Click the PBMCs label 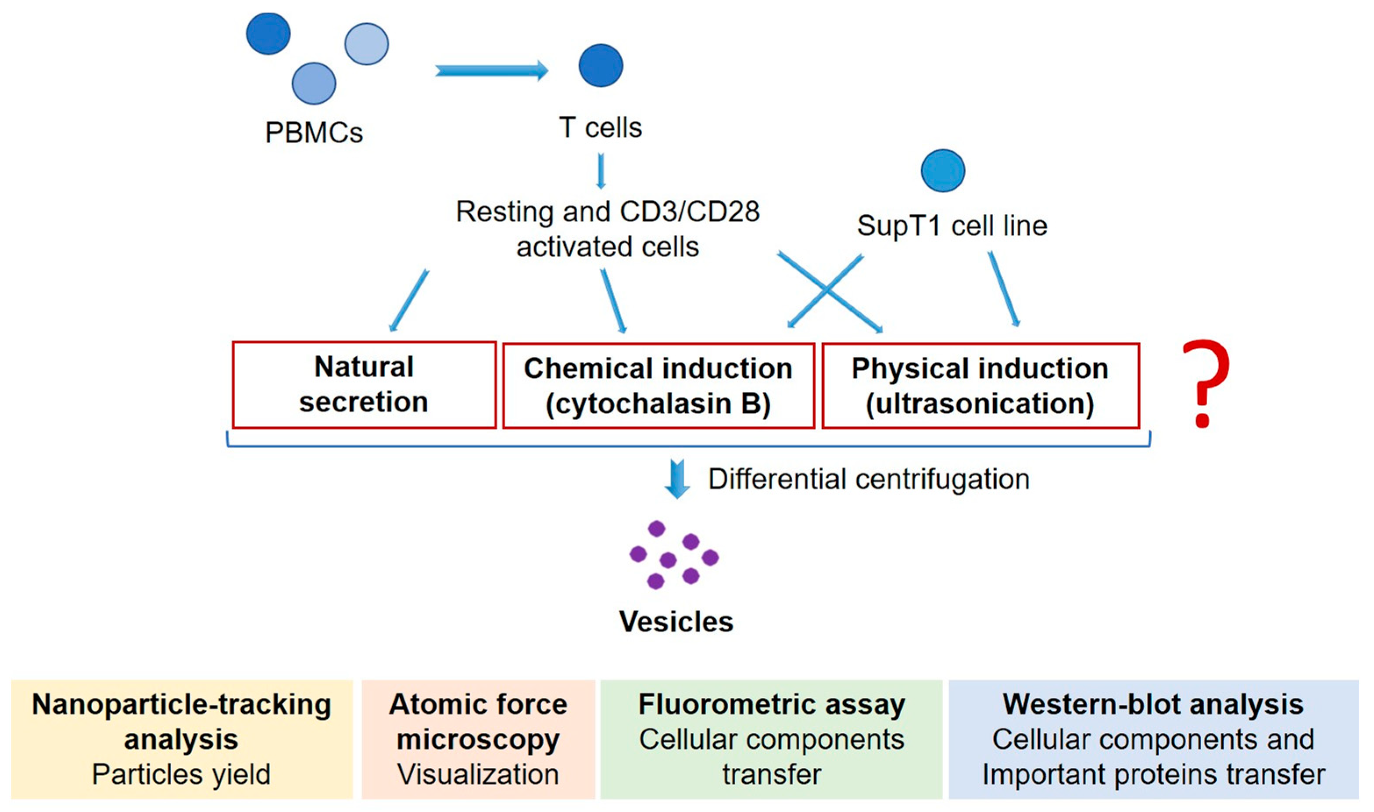[314, 132]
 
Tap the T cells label [600, 128]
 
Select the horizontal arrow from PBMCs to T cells [491, 71]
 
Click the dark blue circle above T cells [601, 66]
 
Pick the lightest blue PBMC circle [366, 44]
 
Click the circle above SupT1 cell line [943, 171]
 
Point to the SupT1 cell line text [952, 225]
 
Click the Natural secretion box [364, 385]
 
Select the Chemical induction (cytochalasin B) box [658, 386]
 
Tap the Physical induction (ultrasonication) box [980, 386]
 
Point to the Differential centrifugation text [869, 479]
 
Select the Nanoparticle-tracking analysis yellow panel [182, 739]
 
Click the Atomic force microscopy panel [478, 739]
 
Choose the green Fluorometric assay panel [771, 739]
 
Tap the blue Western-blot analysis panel [1153, 739]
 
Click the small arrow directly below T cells [601, 171]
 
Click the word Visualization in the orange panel [478, 774]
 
